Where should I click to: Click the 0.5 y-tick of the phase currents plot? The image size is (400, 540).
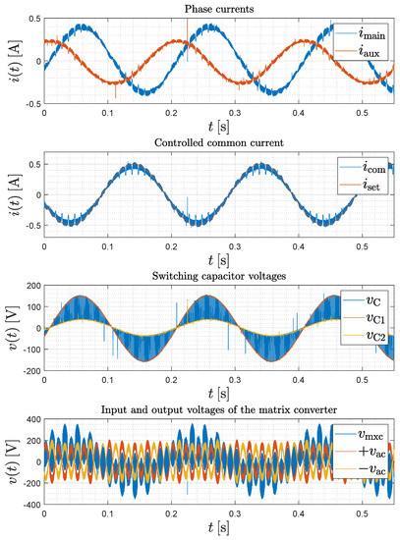(30, 20)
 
